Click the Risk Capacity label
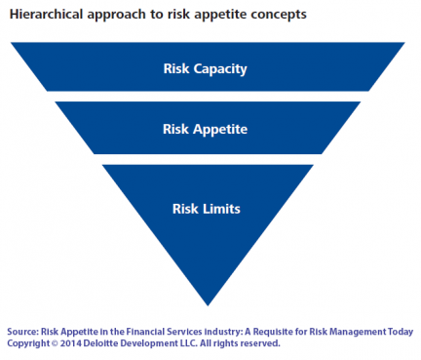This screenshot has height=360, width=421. tap(206, 69)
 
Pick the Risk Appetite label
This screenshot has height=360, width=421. tap(206, 129)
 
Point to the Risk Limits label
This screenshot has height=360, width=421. tap(206, 208)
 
